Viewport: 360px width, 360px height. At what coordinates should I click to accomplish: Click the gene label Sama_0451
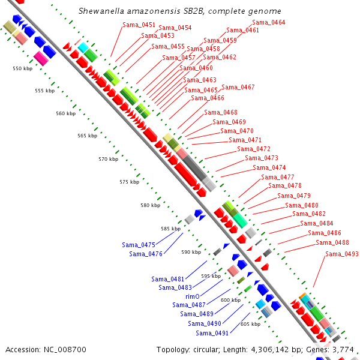(x=139, y=25)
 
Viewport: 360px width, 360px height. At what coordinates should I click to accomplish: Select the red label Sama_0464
(x=269, y=22)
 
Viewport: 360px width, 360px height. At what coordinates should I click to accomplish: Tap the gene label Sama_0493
(x=342, y=254)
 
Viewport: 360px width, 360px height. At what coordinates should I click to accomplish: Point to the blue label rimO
(x=192, y=296)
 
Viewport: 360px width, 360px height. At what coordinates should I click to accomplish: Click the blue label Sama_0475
(x=139, y=245)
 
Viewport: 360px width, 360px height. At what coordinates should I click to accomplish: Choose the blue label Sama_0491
(x=212, y=333)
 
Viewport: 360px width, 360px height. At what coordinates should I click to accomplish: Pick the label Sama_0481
(x=168, y=279)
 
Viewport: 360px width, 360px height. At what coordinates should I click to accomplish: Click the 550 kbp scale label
(x=23, y=69)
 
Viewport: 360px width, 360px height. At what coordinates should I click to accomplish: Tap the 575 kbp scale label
(x=129, y=182)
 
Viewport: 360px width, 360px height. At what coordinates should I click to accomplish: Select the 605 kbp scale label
(x=250, y=324)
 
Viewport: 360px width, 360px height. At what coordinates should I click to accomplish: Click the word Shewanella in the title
(x=100, y=11)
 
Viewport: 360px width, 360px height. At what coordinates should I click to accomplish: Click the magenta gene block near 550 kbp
(x=40, y=57)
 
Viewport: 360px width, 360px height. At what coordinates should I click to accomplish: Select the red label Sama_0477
(x=278, y=177)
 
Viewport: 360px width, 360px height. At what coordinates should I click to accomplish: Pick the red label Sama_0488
(x=332, y=242)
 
